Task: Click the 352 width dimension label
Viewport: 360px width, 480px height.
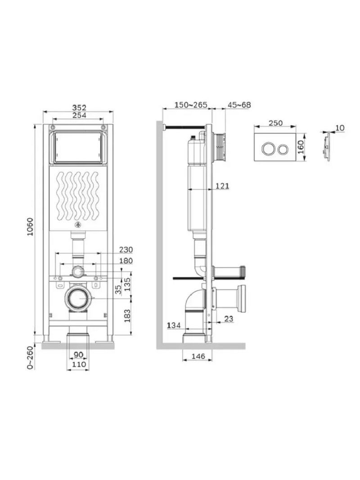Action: click(x=79, y=108)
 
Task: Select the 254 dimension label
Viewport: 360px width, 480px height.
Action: click(x=79, y=115)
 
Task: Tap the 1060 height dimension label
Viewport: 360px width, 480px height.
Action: click(x=30, y=226)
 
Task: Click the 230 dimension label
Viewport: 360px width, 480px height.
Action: click(x=126, y=249)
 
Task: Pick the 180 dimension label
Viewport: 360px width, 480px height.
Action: click(x=126, y=261)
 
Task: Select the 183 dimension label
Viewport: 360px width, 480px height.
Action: click(x=127, y=315)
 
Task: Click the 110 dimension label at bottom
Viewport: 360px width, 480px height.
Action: click(x=79, y=364)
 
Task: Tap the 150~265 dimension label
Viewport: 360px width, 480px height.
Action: click(x=190, y=105)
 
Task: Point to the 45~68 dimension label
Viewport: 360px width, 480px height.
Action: click(x=239, y=105)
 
